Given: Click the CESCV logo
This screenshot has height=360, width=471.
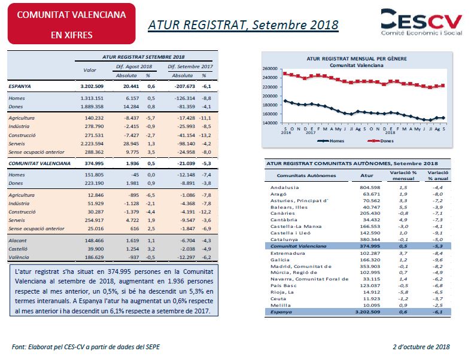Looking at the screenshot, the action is click(x=421, y=22).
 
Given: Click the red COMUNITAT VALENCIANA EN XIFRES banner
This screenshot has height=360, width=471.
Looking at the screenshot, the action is click(x=71, y=24).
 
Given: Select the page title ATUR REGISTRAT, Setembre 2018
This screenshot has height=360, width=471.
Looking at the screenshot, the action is click(x=244, y=25).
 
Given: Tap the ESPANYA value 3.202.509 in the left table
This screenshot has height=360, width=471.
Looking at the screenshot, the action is click(x=92, y=86).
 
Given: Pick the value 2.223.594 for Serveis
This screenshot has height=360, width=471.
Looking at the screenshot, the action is click(x=92, y=144).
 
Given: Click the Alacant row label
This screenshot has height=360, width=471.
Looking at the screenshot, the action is click(x=17, y=240).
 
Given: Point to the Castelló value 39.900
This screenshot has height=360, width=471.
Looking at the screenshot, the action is click(x=96, y=249).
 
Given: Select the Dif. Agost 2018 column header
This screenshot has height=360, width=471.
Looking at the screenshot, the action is click(x=134, y=66).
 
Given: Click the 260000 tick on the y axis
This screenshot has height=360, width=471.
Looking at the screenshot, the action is click(x=270, y=69).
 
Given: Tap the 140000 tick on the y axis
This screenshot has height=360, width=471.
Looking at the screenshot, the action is click(x=270, y=123).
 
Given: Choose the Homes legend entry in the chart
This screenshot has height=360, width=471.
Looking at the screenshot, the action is click(x=331, y=141).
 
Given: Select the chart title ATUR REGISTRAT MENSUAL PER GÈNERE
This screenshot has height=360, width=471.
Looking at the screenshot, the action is click(x=357, y=59).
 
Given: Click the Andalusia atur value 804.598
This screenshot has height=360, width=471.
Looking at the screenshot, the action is click(x=370, y=187).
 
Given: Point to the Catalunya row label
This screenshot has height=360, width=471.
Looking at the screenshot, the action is click(x=284, y=240).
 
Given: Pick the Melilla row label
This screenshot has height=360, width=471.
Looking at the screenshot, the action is click(x=280, y=306).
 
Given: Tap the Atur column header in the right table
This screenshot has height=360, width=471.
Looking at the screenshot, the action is click(x=367, y=175).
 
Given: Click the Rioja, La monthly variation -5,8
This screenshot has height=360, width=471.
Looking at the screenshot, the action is click(x=403, y=292).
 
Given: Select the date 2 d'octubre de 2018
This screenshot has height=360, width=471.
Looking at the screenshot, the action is click(x=421, y=347).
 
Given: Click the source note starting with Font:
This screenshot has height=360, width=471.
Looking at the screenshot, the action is click(x=86, y=347).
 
